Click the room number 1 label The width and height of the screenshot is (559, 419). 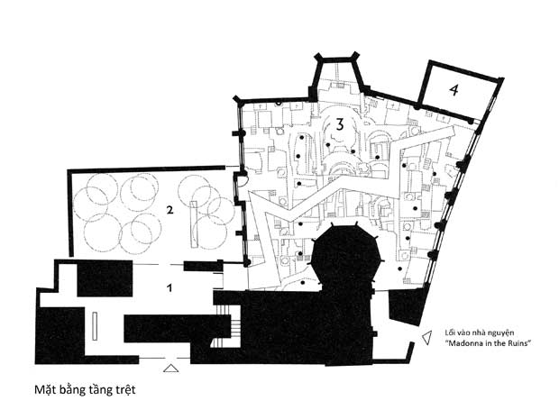[x=170, y=287]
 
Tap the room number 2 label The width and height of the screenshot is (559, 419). [x=170, y=210]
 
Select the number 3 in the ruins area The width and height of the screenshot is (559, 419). [x=340, y=124]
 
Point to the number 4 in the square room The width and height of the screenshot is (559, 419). [x=454, y=89]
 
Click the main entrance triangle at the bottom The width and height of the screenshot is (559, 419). [x=170, y=368]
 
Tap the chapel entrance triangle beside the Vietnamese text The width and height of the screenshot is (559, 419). [x=426, y=338]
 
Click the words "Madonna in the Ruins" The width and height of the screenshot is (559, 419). [x=488, y=343]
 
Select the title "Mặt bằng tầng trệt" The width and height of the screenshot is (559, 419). [x=85, y=389]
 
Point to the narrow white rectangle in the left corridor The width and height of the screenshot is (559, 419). [x=95, y=325]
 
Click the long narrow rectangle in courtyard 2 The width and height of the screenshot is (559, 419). [x=194, y=224]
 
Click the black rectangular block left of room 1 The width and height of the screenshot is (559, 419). [x=105, y=278]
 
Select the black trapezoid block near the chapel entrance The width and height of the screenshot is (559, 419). [x=408, y=306]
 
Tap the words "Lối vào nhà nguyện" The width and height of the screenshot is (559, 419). [x=480, y=332]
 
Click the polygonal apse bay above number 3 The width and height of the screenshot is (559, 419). [x=337, y=77]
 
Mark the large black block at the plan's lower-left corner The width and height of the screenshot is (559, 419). [x=60, y=335]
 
